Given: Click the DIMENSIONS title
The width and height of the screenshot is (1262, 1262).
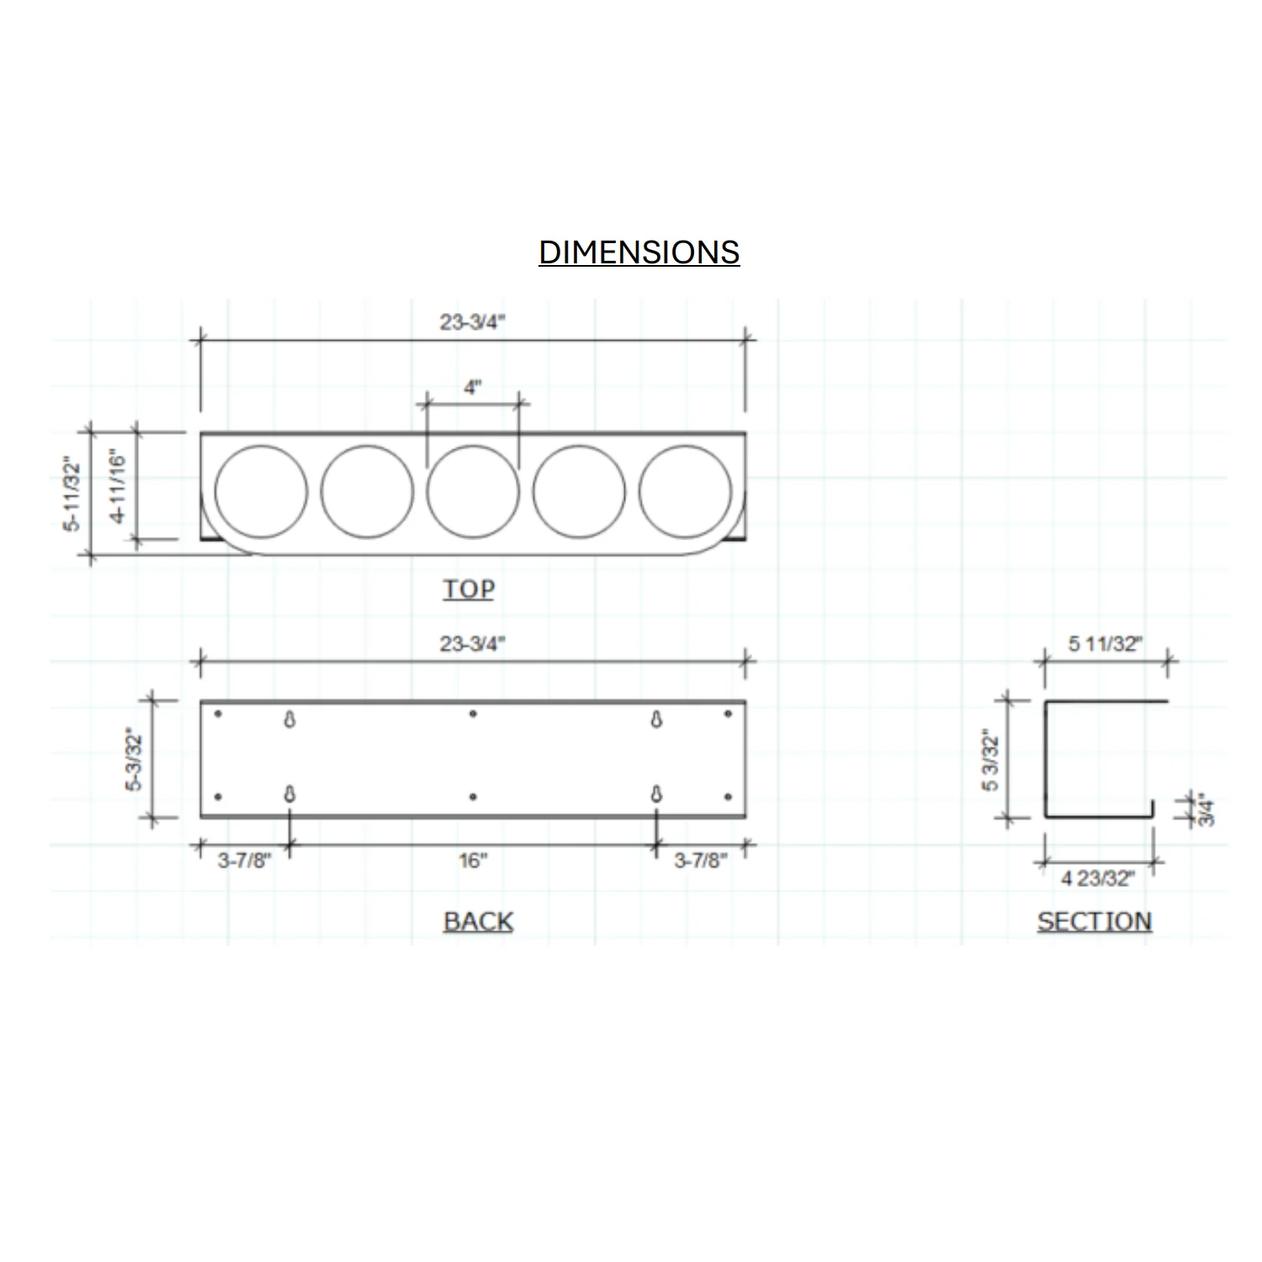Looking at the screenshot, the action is [x=639, y=252].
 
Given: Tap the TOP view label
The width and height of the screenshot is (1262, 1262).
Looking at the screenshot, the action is [x=469, y=589].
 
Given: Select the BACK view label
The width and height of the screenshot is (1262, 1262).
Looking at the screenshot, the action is [x=478, y=921].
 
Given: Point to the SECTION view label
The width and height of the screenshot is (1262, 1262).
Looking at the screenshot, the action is [x=1094, y=921].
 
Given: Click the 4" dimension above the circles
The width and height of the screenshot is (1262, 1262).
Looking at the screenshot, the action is [x=473, y=387].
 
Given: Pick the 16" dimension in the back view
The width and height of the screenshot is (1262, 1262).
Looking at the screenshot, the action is [x=473, y=861].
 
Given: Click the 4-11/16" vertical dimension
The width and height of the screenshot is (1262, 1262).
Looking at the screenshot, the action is [x=117, y=487].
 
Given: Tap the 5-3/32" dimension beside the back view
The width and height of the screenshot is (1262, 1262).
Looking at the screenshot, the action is [x=134, y=759].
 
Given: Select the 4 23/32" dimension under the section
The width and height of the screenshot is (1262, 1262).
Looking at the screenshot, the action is [x=1097, y=878].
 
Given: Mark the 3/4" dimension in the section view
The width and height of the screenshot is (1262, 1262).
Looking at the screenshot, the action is [x=1206, y=809].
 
